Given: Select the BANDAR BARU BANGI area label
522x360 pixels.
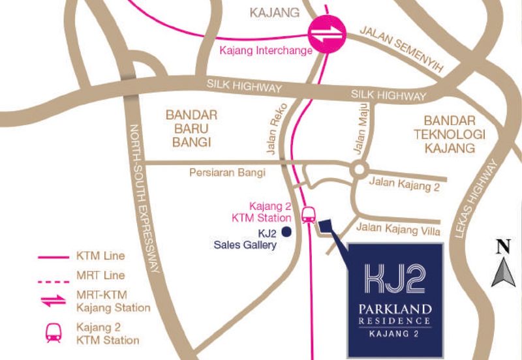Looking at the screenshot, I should pyautogui.click(x=190, y=128).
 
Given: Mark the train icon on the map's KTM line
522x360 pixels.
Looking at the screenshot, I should pyautogui.click(x=309, y=213).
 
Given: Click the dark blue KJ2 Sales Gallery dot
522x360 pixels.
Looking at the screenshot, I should pyautogui.click(x=286, y=231).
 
